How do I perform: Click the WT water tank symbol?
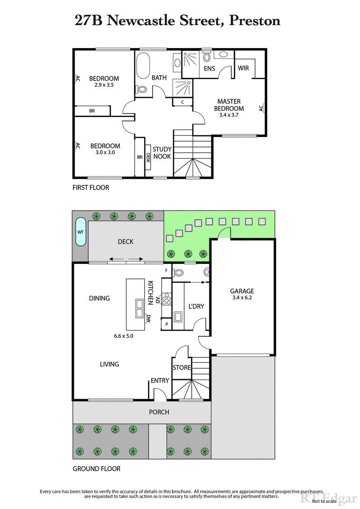pos(81,232)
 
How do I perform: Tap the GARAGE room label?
pos(242,291)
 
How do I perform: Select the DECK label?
pos(126,241)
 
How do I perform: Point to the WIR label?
pos(243,68)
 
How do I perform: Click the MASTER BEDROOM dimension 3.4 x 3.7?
pos(229,115)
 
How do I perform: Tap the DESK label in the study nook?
pos(148,157)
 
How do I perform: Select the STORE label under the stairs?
pos(182,367)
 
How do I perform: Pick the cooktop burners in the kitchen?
pos(167,299)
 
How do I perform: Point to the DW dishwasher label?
pos(148,319)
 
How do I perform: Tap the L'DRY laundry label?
pos(196,306)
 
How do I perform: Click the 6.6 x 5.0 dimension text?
pos(123,335)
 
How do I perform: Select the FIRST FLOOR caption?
pos(90,187)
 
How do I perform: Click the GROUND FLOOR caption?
pos(96,469)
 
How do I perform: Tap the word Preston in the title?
pos(255,20)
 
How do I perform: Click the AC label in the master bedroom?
pos(261,108)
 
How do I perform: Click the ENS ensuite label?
pos(209,69)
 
